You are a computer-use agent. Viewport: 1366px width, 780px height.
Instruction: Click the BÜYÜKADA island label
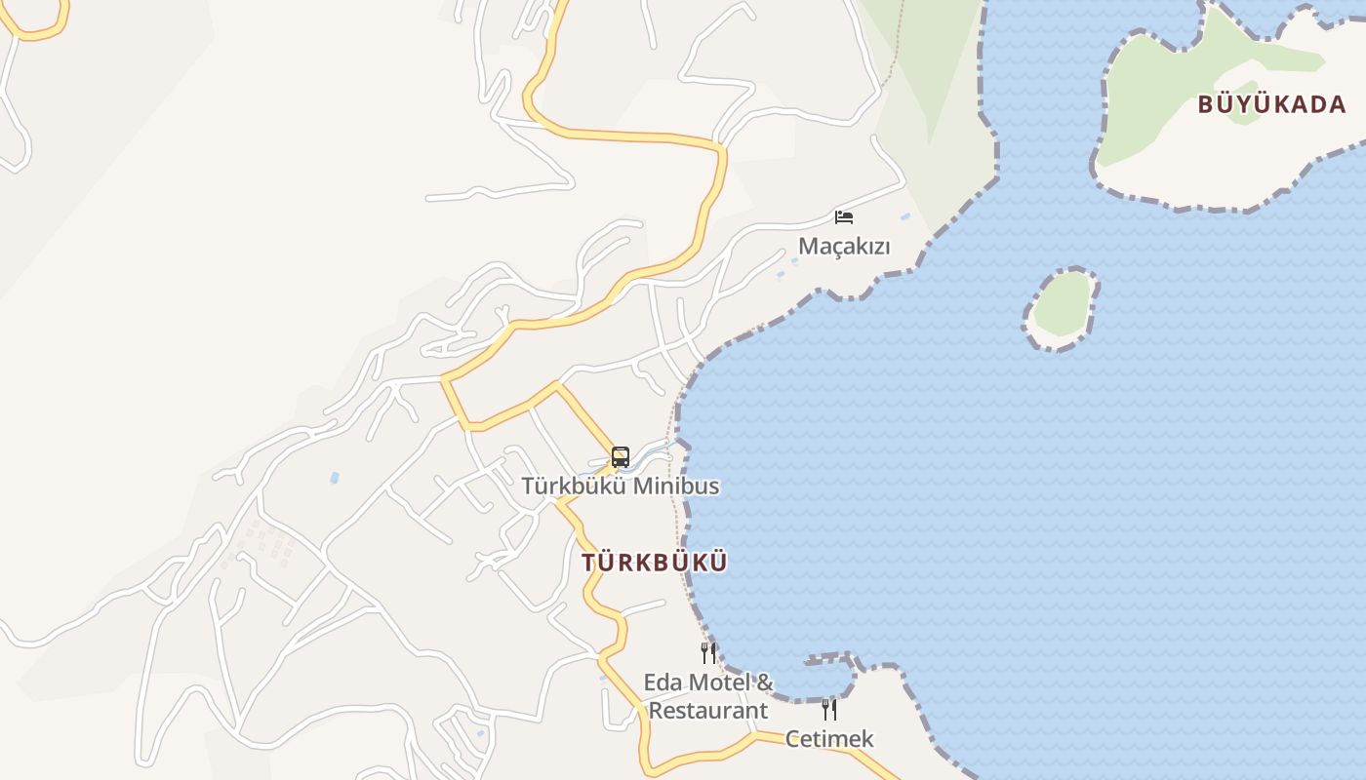pos(1271,104)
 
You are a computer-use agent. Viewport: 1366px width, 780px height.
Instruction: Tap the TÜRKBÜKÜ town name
pos(655,563)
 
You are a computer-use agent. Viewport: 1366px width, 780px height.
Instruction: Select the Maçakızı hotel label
pos(844,246)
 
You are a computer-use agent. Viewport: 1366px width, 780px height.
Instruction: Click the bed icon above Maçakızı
pos(844,216)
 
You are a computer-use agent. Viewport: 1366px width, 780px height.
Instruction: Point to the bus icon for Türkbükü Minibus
pos(621,456)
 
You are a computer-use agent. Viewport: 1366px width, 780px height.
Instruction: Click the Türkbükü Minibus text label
pos(621,486)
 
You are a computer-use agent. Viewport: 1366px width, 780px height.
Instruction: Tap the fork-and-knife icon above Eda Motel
pos(708,652)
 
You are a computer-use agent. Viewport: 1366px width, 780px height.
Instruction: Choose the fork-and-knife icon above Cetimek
pos(828,709)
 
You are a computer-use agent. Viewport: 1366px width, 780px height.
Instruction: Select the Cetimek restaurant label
pos(829,739)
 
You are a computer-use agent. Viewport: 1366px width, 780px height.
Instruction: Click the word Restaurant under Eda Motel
pos(708,711)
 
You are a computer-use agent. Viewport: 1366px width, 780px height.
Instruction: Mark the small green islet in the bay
pos(1061,305)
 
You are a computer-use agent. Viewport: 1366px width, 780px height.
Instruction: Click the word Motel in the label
pos(720,682)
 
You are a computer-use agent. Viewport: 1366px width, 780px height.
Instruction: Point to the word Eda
pos(663,682)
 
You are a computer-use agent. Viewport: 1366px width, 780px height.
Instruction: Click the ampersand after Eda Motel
pos(765,682)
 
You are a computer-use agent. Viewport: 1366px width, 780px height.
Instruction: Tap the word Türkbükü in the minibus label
pos(571,486)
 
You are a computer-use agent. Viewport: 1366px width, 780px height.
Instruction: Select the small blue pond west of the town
pos(335,478)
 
